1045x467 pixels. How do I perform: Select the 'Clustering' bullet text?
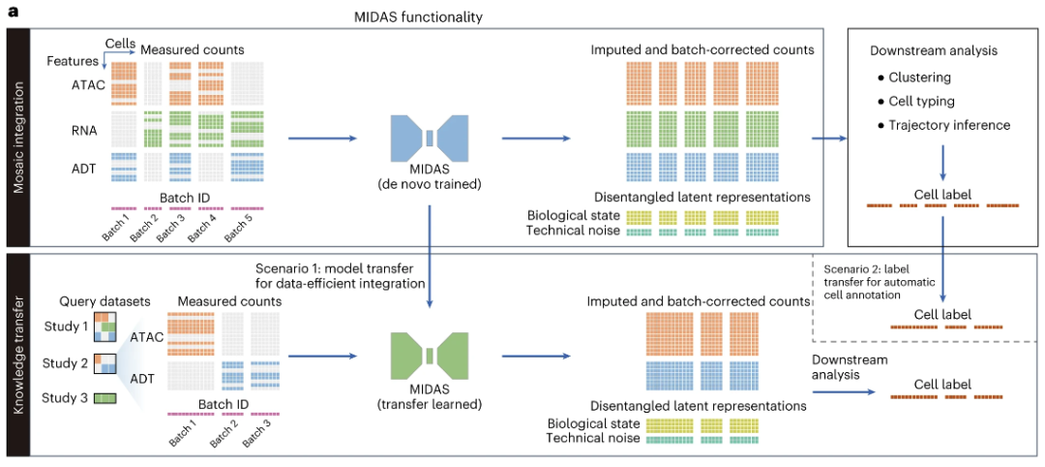[x=920, y=78]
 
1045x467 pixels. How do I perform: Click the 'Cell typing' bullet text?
[x=922, y=101]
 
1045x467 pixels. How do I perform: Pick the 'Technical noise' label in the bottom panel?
[x=592, y=438]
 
